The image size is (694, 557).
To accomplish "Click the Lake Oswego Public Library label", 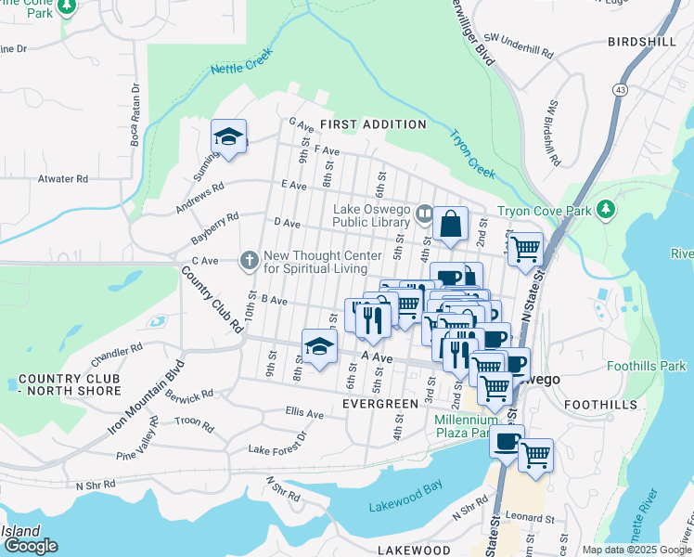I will tap(371, 215).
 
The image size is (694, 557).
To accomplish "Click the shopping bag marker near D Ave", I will tap(450, 224).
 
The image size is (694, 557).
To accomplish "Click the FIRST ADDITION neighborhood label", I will tap(373, 124).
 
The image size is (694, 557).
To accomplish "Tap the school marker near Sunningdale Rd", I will tap(228, 137).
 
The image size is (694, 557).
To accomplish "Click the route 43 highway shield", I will tap(618, 88).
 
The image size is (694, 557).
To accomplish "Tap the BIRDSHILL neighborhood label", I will tap(647, 42).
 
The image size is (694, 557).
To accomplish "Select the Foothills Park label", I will tap(647, 367).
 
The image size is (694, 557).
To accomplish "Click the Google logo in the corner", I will tap(30, 545).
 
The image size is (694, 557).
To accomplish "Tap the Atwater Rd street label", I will tap(62, 179).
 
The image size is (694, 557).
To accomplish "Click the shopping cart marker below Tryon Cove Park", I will tap(525, 249).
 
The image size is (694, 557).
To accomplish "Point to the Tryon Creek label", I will tap(474, 153).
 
